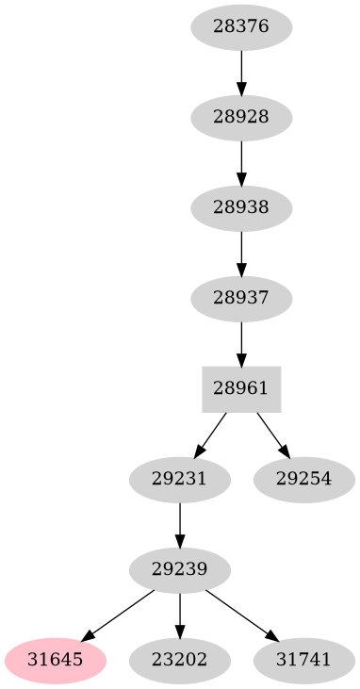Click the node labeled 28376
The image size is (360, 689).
click(241, 26)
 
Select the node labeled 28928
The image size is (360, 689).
click(241, 117)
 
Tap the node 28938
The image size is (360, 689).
click(241, 207)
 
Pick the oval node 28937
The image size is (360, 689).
click(241, 298)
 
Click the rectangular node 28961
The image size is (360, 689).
click(241, 388)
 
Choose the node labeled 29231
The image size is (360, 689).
click(180, 479)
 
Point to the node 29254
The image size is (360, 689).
click(303, 479)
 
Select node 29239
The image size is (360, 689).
click(180, 569)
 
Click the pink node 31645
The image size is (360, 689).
click(54, 660)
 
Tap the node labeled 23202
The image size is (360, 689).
click(180, 660)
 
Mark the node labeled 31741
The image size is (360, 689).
click(303, 660)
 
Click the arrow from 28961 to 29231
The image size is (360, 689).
click(210, 435)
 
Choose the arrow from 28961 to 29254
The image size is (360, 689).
click(272, 435)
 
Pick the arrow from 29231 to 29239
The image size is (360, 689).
click(180, 524)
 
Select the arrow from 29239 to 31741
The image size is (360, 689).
click(240, 615)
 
